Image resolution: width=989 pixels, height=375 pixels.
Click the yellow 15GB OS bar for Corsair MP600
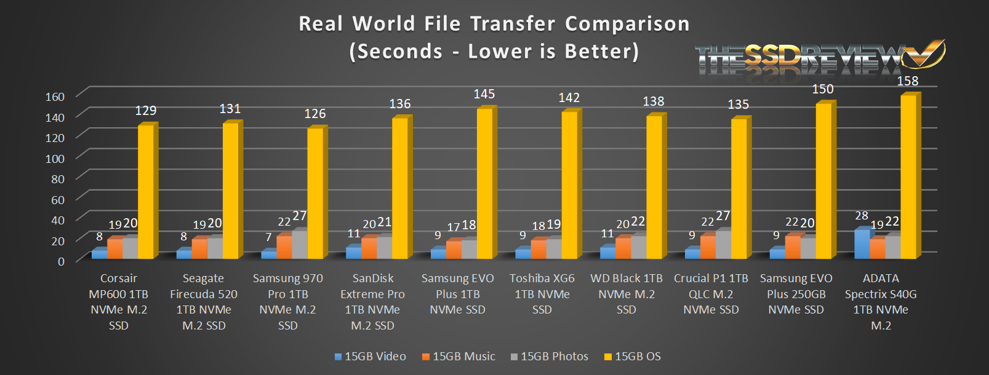click(146, 192)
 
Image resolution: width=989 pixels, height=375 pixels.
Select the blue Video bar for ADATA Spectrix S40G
click(862, 244)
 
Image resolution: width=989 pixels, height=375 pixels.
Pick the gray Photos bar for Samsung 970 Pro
click(299, 245)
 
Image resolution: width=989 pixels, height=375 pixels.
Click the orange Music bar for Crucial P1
click(708, 247)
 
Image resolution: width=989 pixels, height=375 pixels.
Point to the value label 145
click(484, 94)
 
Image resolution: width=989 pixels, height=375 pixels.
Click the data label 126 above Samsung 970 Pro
click(315, 114)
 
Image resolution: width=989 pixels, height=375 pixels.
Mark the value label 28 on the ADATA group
click(862, 216)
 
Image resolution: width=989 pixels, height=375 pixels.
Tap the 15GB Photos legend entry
click(549, 357)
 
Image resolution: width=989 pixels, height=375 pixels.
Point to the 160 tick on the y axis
click(55, 97)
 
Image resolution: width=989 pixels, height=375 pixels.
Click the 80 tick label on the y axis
click(58, 179)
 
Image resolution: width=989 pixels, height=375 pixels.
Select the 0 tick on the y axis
click(61, 261)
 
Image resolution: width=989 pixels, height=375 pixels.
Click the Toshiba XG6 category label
click(542, 294)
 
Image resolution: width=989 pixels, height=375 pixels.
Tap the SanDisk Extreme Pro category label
click(372, 302)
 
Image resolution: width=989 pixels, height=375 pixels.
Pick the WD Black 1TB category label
click(627, 294)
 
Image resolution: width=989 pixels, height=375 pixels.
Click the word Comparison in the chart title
click(627, 24)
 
